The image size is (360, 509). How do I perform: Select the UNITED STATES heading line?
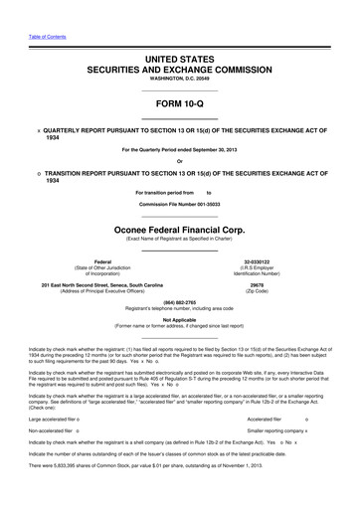(x=179, y=62)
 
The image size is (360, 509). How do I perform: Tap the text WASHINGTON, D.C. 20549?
(x=179, y=83)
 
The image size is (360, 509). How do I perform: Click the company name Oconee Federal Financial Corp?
(x=179, y=226)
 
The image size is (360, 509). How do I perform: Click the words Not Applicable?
(x=179, y=319)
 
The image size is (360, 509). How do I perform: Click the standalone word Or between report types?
(x=179, y=163)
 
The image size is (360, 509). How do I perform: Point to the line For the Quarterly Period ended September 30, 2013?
(x=179, y=150)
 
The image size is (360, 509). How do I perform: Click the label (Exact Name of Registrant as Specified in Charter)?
(x=179, y=237)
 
